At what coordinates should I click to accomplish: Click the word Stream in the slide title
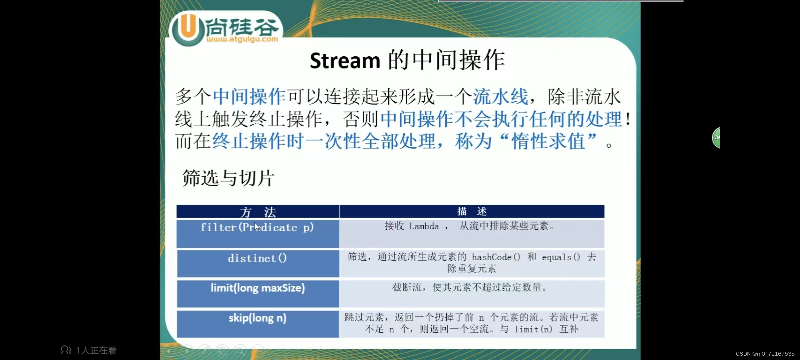tap(345, 61)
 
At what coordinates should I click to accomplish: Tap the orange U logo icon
tap(188, 29)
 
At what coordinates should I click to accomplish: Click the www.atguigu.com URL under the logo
tap(242, 39)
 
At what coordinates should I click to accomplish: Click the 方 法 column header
tap(258, 212)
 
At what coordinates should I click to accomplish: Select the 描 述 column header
tap(472, 211)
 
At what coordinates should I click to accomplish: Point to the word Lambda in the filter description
tap(424, 226)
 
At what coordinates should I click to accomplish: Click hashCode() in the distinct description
tap(496, 257)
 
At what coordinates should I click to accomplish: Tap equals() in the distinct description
tap(561, 257)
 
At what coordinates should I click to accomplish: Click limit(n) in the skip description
tap(533, 329)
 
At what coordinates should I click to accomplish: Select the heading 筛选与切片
tap(228, 178)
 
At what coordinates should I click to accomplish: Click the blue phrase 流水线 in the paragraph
tap(500, 97)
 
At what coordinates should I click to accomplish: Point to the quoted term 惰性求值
tap(549, 141)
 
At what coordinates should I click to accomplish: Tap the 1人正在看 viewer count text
tap(96, 350)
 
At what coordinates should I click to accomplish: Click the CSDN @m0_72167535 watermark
tap(765, 354)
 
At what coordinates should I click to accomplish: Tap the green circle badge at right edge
tap(716, 137)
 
